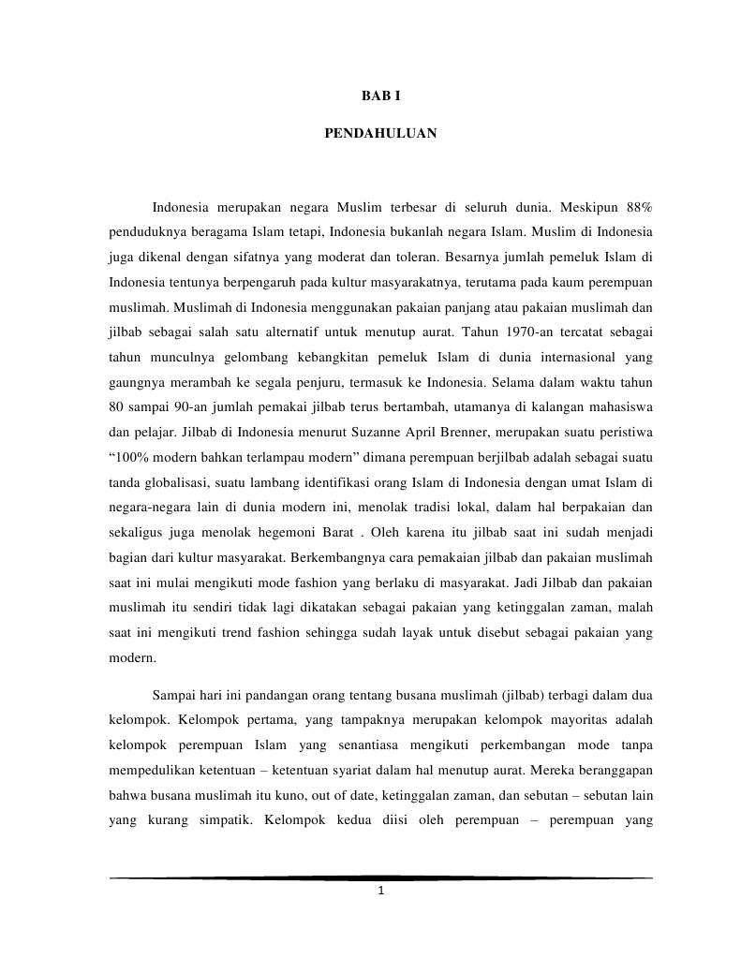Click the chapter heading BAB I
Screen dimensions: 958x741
(x=380, y=96)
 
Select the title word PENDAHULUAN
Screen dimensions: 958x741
(x=380, y=134)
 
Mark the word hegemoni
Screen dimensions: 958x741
(x=272, y=532)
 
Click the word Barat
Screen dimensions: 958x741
(x=331, y=532)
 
